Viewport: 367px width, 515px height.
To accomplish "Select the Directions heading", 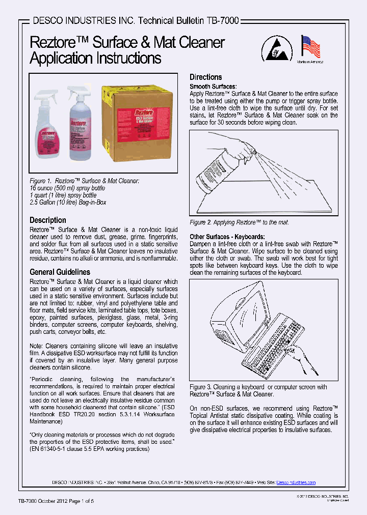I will (x=205, y=77).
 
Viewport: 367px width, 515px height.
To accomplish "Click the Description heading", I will (x=48, y=220).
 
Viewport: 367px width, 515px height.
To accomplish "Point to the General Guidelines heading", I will (x=60, y=272).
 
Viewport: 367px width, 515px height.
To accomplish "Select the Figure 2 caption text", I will (x=239, y=223).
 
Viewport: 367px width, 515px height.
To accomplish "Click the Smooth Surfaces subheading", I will (x=213, y=87).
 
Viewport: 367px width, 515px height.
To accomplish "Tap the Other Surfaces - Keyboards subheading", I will (x=227, y=237).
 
